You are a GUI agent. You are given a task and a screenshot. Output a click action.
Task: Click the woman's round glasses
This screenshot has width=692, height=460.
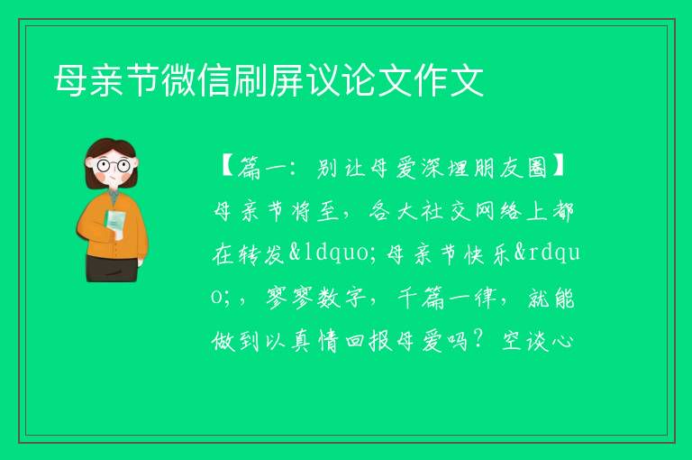tap(114, 166)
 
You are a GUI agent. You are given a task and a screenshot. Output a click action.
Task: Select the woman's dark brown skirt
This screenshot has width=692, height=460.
tap(112, 269)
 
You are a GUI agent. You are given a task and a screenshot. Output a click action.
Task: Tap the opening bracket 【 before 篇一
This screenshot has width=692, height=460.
tap(227, 169)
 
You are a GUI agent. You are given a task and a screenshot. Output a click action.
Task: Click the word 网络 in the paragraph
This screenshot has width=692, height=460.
tap(498, 211)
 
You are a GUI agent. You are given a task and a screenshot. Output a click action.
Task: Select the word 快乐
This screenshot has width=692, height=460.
tap(487, 254)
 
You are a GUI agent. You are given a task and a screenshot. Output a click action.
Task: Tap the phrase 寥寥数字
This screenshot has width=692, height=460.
tap(316, 298)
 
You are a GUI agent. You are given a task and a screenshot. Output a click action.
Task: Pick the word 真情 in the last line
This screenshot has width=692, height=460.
tap(315, 341)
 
